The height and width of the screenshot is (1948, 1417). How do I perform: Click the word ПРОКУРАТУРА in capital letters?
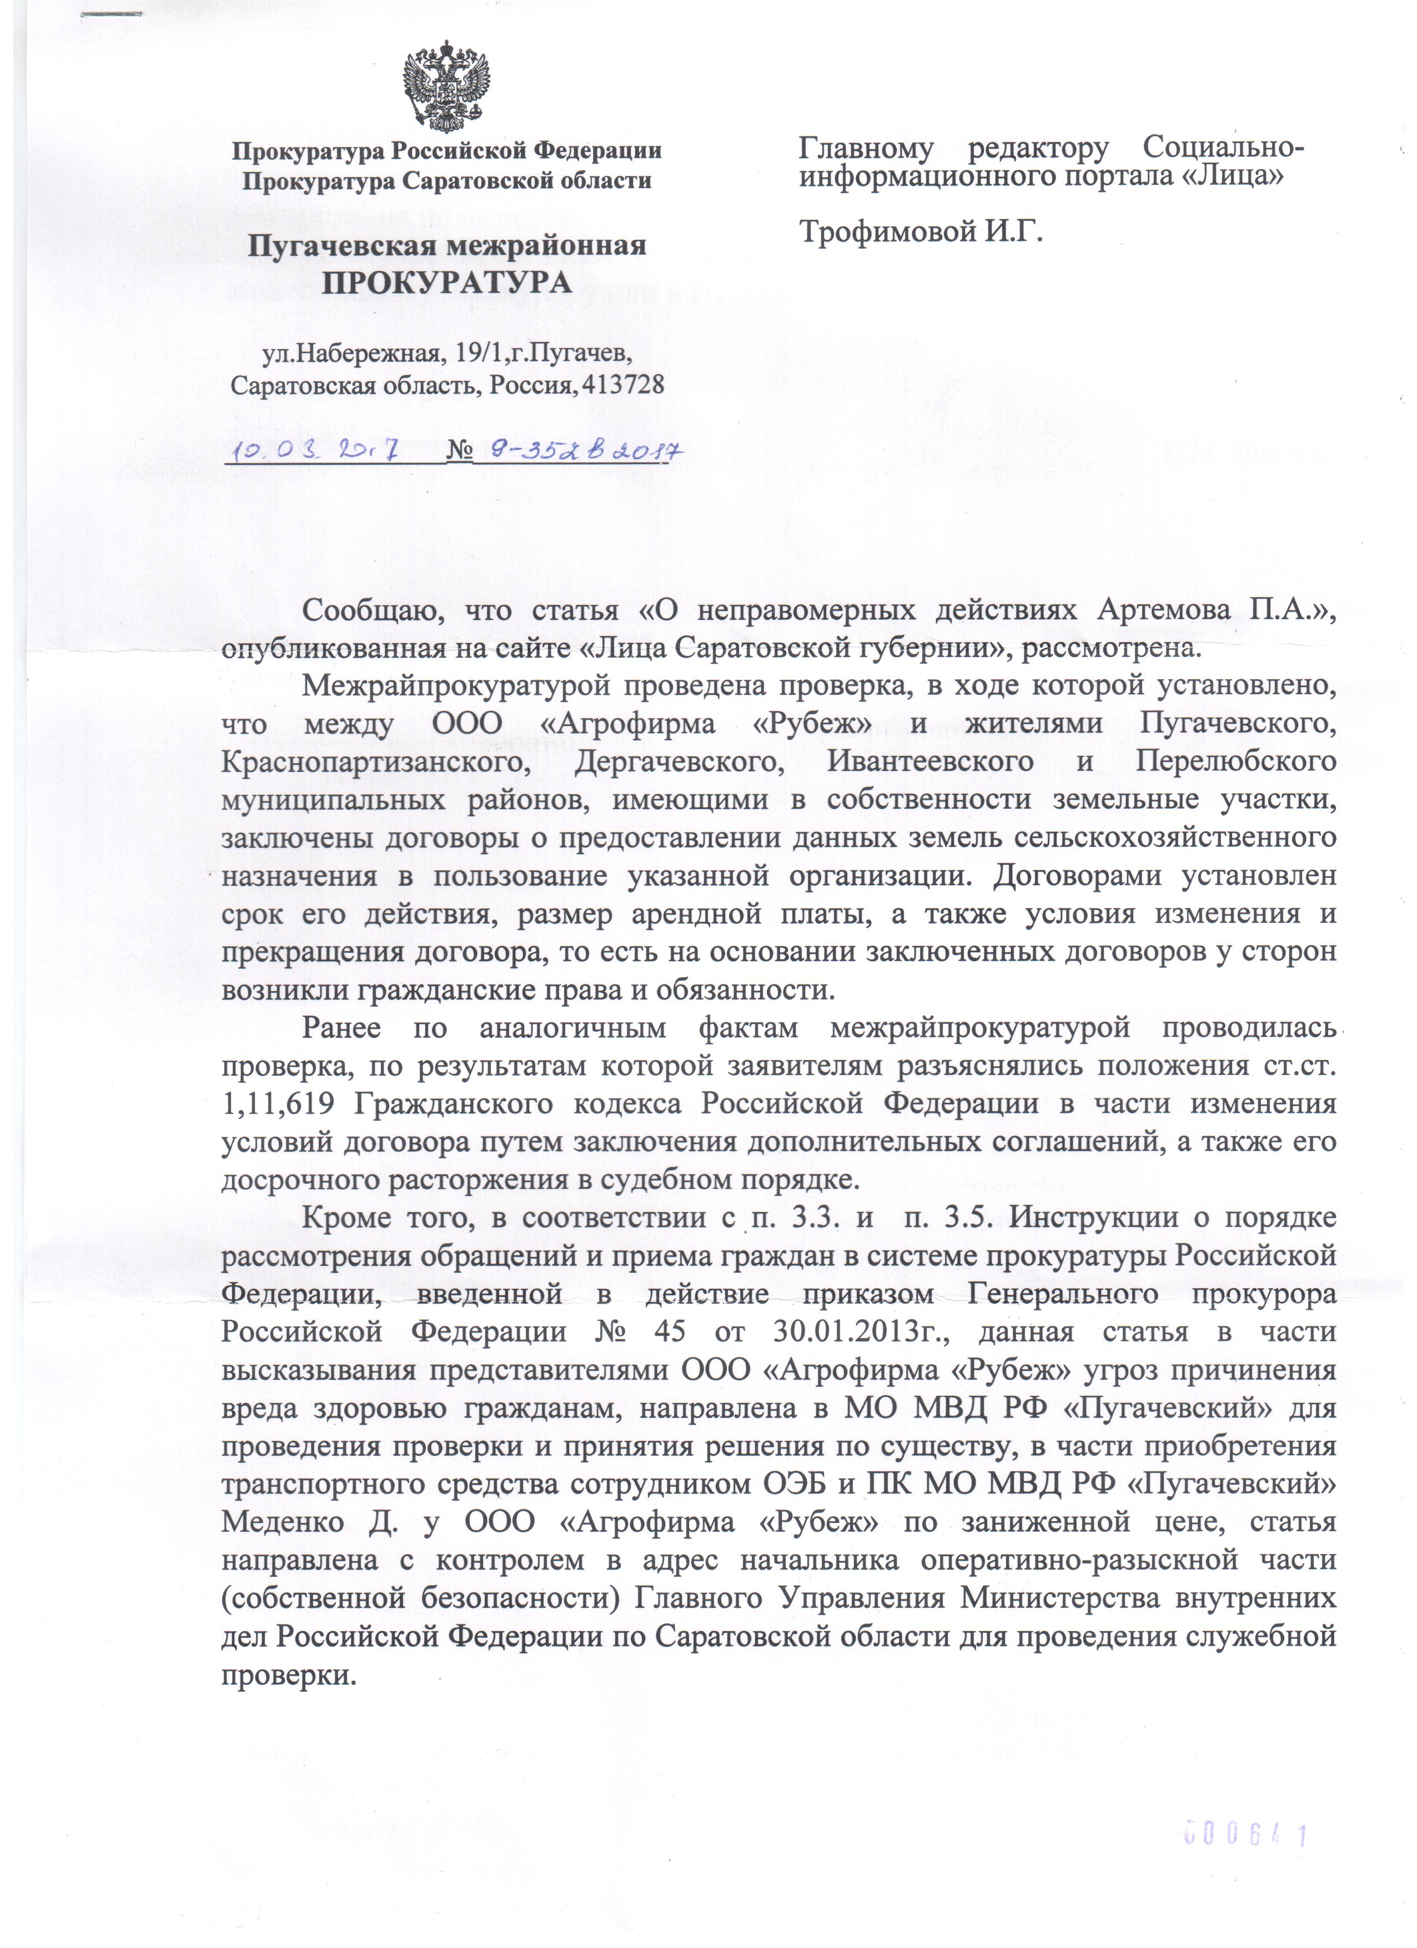click(x=447, y=282)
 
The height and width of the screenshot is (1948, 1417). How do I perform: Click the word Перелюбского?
click(x=1235, y=762)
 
